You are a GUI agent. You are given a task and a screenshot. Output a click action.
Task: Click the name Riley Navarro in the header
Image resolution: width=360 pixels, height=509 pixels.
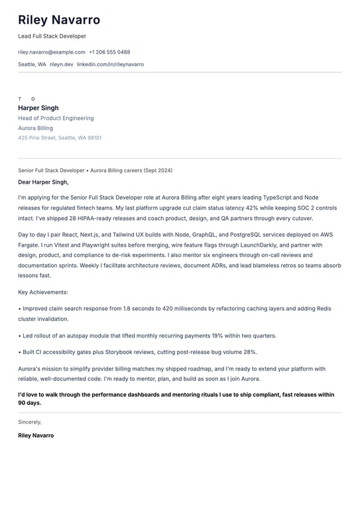(59, 21)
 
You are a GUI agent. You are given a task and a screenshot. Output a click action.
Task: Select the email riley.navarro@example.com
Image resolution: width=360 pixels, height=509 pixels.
(52, 52)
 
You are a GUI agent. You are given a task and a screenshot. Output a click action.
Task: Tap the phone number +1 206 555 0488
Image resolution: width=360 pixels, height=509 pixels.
(109, 52)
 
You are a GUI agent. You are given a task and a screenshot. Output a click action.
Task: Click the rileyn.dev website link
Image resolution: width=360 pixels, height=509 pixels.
(61, 65)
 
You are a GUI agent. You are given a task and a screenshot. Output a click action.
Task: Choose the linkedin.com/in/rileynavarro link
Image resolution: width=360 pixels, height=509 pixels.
(110, 65)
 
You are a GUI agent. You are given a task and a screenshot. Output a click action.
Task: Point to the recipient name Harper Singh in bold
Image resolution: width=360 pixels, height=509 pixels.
(38, 108)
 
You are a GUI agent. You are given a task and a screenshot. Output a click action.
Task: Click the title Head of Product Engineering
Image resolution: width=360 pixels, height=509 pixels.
(56, 119)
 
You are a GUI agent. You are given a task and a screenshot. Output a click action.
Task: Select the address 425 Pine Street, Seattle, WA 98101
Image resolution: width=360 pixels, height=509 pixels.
(60, 139)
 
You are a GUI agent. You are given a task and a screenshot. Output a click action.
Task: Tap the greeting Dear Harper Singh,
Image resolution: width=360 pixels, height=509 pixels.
(43, 182)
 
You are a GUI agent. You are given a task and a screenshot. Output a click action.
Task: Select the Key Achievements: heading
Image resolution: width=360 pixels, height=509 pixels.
(43, 292)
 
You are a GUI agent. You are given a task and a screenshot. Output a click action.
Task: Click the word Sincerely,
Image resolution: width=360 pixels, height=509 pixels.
(30, 422)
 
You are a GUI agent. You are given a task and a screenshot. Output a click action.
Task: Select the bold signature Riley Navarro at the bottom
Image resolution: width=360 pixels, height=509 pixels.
(36, 436)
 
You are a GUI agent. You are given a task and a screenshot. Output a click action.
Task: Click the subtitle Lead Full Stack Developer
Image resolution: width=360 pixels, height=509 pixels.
(52, 36)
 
